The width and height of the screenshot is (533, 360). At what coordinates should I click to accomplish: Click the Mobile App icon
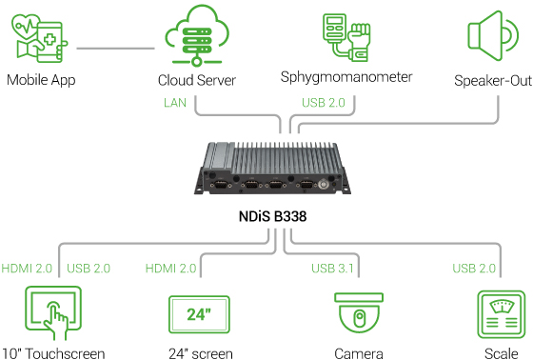click(40, 38)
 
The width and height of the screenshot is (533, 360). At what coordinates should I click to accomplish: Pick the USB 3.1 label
click(333, 269)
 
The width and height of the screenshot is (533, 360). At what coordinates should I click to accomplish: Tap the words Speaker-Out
click(492, 81)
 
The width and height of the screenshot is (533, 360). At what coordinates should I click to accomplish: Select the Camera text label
click(358, 353)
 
